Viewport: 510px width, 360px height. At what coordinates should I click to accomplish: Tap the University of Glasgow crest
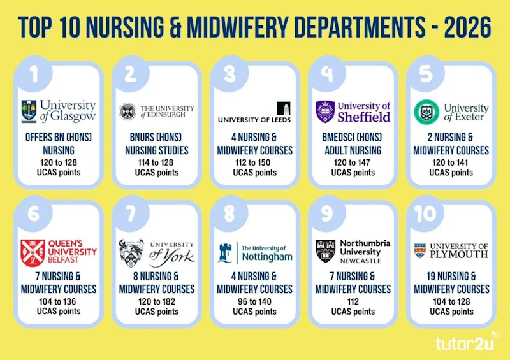pyautogui.click(x=29, y=112)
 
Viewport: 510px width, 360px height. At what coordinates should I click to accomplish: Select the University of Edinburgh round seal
pyautogui.click(x=127, y=112)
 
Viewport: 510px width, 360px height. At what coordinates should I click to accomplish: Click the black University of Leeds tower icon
pyautogui.click(x=284, y=108)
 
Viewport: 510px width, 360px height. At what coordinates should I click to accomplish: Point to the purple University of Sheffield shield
pyautogui.click(x=325, y=112)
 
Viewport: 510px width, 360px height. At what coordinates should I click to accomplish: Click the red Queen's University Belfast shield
pyautogui.click(x=33, y=253)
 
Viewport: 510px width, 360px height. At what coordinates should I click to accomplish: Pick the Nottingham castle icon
pyautogui.click(x=225, y=253)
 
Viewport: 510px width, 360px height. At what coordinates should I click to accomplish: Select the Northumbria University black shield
pyautogui.click(x=326, y=251)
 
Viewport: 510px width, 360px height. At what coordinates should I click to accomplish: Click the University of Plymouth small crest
pyautogui.click(x=420, y=250)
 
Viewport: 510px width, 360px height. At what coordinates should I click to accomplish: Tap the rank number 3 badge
pyautogui.click(x=230, y=74)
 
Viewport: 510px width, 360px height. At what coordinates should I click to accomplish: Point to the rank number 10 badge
pyautogui.click(x=426, y=213)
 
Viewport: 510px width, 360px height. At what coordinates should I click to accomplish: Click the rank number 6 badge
pyautogui.click(x=34, y=213)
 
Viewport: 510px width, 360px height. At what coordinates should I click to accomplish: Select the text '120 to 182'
pyautogui.click(x=157, y=301)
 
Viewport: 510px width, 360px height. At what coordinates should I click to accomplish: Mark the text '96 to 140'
pyautogui.click(x=254, y=301)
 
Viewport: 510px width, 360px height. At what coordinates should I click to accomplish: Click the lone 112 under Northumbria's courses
pyautogui.click(x=353, y=301)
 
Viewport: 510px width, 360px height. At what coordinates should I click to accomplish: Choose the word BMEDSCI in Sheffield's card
pyautogui.click(x=339, y=137)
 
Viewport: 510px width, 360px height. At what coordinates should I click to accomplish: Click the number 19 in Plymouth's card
pyautogui.click(x=432, y=276)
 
